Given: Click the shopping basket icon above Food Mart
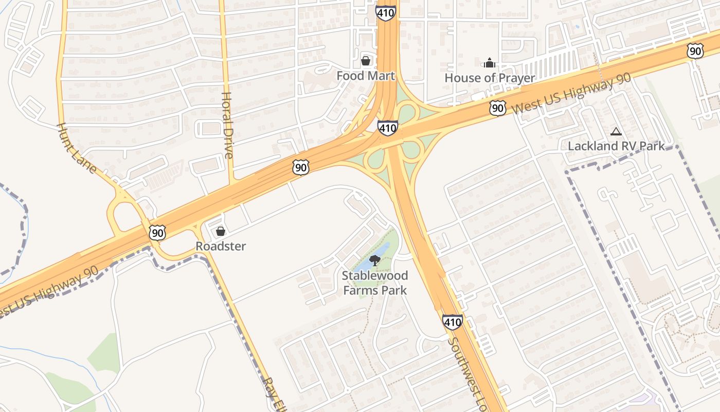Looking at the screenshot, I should point(366,61).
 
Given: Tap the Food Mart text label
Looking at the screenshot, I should point(366,76).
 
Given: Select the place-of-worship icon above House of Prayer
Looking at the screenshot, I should point(490,63).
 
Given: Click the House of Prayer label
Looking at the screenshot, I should point(490,78).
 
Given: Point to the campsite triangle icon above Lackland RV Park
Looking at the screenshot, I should point(616,132).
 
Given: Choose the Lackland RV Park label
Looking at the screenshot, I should point(616,146).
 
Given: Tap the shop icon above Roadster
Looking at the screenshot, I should point(221,231).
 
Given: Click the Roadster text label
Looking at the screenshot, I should point(221,246).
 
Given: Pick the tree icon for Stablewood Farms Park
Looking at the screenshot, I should point(375,261).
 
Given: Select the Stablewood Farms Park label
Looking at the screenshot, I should point(375,283).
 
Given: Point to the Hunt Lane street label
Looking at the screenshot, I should point(77,148).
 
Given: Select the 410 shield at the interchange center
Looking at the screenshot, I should point(387,127).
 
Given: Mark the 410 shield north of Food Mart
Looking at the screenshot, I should point(386,12).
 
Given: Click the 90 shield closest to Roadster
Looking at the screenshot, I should point(158,233).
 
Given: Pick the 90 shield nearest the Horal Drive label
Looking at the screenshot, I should point(301,167).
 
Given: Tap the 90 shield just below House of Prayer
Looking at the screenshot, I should point(497,108).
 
